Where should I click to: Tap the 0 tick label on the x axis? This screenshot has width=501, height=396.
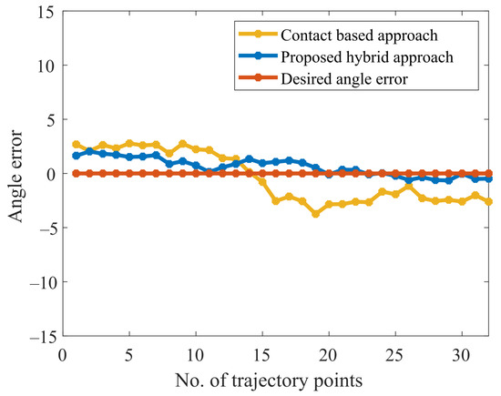coord(63,355)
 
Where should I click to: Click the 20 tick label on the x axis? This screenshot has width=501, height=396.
coord(329,355)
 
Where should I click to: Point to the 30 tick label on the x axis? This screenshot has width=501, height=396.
coord(462,355)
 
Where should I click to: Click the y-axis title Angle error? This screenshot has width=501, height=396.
coord(15,176)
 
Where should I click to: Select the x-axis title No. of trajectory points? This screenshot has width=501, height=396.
coord(269,381)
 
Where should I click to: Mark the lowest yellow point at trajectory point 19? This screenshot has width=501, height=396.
coord(316,214)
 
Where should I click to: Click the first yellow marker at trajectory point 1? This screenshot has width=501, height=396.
coord(76,145)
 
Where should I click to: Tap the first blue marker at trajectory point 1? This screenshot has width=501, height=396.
coord(76,156)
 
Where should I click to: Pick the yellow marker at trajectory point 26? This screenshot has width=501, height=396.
coord(409,187)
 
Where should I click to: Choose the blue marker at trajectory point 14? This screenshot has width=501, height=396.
coord(250,159)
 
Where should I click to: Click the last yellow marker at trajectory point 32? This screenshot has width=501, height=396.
coord(488,201)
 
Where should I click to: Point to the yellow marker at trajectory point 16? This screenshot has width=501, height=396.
coord(276,201)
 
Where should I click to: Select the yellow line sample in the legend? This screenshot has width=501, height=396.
coord(258,35)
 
